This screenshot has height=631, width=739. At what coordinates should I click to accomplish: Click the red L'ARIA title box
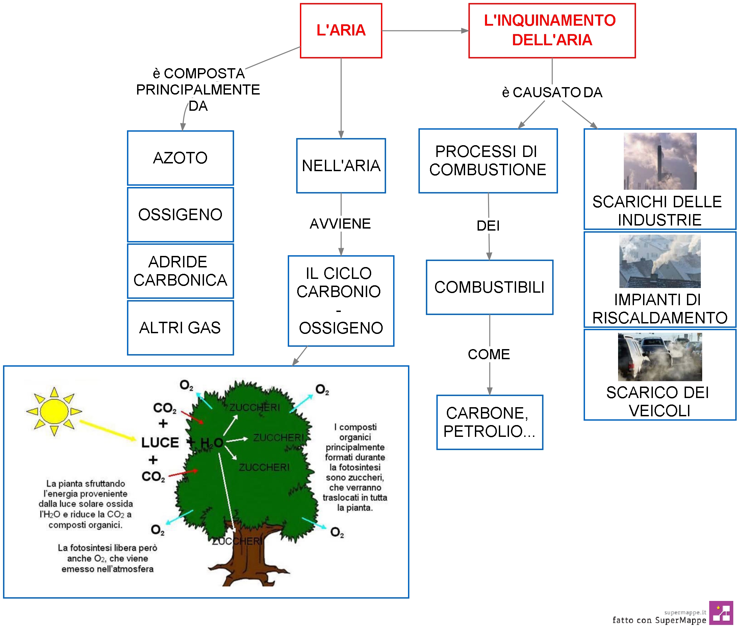click(341, 31)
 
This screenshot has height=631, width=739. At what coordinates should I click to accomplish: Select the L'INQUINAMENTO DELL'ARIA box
click(552, 31)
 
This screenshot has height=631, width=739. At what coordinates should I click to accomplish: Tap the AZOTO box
click(180, 158)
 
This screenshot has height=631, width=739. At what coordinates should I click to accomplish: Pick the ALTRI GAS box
click(180, 327)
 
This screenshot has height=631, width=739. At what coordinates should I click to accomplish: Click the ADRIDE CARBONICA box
click(180, 271)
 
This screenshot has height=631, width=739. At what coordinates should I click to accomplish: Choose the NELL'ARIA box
click(341, 166)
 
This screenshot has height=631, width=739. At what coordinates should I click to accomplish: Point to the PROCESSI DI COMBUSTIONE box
click(488, 161)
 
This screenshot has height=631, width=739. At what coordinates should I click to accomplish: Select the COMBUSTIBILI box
click(489, 287)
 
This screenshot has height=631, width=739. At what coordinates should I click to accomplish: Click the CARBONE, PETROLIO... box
click(490, 422)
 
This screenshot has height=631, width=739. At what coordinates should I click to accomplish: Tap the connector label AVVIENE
click(340, 224)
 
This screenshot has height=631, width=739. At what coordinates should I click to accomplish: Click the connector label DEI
click(488, 226)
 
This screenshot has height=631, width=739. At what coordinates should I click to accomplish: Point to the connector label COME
click(489, 354)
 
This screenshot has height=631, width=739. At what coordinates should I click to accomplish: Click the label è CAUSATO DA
click(552, 92)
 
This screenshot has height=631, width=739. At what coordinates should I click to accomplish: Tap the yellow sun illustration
click(54, 412)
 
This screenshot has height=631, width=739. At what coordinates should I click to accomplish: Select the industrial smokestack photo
click(660, 161)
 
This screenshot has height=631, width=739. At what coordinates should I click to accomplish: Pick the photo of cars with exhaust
click(660, 357)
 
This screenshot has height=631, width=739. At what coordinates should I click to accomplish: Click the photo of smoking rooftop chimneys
click(660, 261)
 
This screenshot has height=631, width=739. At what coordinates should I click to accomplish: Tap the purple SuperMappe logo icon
click(721, 613)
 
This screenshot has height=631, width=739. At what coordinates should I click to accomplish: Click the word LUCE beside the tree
click(160, 443)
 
